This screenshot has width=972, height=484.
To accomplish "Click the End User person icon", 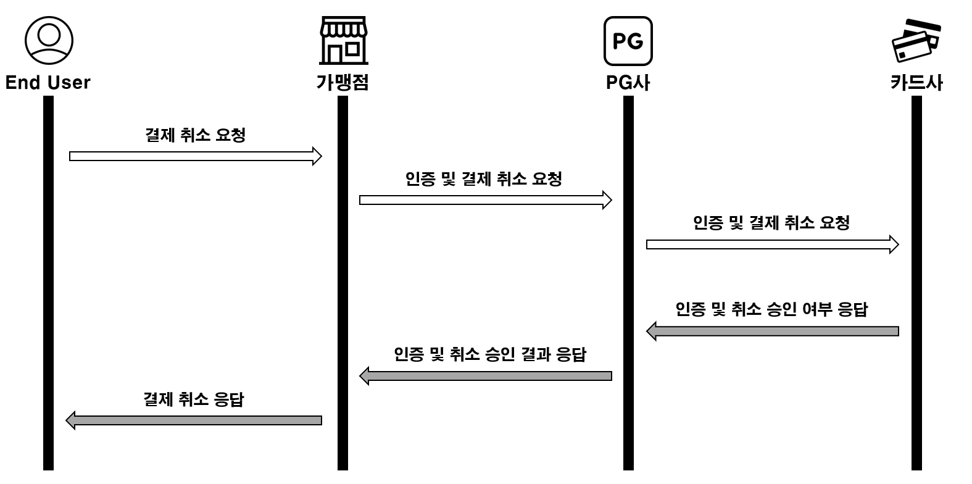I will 49,41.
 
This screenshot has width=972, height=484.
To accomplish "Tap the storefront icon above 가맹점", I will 343,41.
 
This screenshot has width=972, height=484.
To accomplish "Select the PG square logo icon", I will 628,41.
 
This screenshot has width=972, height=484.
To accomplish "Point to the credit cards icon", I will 916,41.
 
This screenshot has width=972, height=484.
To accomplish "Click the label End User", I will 48,83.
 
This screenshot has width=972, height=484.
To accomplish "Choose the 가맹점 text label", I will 343,83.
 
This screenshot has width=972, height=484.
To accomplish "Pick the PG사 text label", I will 628,83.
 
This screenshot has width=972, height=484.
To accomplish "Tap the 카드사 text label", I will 916,83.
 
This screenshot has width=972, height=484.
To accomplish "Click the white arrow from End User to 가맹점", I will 195,156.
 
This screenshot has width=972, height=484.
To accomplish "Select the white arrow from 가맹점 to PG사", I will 485,200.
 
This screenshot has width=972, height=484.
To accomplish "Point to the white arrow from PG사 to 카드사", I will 772,244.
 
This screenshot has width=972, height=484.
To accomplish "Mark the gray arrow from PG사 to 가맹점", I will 485,376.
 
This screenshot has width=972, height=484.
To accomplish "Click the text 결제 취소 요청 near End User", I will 195,135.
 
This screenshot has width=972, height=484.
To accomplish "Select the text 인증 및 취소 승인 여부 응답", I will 771,309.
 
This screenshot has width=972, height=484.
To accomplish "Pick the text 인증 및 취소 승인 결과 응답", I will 490,354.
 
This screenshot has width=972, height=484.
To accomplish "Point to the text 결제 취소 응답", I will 193,399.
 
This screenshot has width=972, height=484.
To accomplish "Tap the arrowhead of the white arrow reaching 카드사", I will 894,244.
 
